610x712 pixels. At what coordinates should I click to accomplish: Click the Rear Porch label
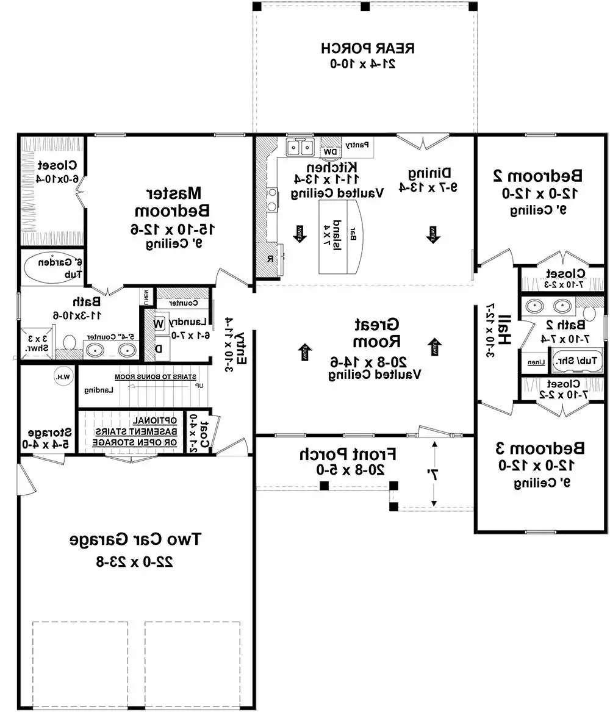coord(368,48)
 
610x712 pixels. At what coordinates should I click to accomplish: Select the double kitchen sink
coord(300,147)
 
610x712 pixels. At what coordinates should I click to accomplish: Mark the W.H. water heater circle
coord(62,376)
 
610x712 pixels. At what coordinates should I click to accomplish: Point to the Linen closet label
coord(536,362)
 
